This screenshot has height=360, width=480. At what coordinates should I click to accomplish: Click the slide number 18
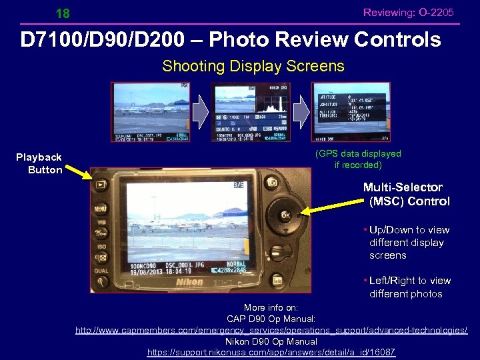(63, 13)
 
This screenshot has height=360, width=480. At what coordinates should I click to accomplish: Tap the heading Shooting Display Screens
(253, 67)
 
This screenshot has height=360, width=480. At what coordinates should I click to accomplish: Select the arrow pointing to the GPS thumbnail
(302, 112)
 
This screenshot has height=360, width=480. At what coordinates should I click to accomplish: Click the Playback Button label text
(39, 163)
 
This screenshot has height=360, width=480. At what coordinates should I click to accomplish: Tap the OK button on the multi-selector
(285, 215)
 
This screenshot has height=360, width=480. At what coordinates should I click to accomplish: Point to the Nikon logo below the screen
(189, 282)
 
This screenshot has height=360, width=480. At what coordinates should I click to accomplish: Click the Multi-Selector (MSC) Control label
(407, 194)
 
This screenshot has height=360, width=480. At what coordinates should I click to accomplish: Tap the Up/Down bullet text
(409, 243)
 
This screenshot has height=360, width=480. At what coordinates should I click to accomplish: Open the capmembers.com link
(271, 330)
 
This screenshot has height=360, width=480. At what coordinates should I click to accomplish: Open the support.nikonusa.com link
(271, 351)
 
